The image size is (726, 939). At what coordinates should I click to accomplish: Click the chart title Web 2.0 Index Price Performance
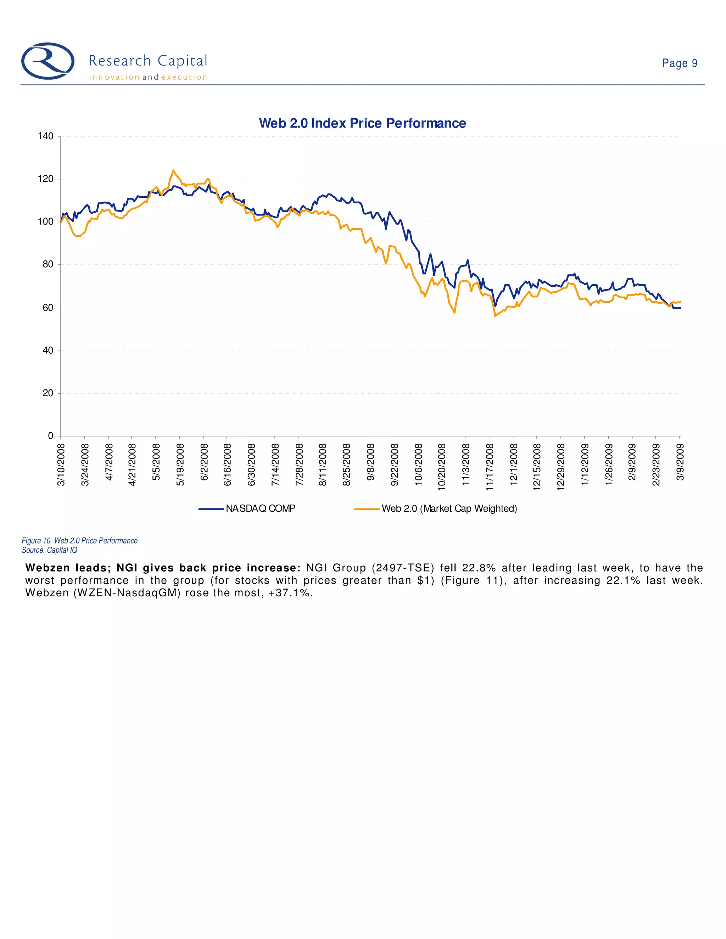362,123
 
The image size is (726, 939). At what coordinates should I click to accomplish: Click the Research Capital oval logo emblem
48,61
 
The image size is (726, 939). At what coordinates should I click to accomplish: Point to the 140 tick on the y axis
46,136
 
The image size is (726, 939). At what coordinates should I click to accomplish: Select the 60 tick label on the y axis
48,308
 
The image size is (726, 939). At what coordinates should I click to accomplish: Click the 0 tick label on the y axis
50,436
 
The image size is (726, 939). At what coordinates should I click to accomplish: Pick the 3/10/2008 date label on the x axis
61,464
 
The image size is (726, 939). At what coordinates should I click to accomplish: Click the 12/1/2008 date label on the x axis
513,464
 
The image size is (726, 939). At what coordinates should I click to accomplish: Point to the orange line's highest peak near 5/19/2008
173,171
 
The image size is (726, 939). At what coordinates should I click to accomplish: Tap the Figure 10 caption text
79,541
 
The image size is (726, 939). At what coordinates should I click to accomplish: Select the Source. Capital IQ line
50,550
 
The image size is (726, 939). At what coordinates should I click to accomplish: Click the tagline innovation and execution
148,77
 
